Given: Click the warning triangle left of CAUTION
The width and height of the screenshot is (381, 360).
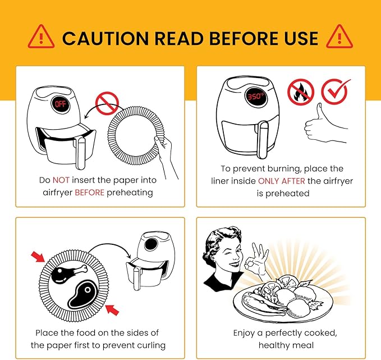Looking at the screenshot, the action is tap(41, 37).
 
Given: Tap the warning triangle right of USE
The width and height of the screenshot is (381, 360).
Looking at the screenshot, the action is tap(339, 37).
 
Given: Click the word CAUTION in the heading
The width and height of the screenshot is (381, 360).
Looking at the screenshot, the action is tap(105, 38).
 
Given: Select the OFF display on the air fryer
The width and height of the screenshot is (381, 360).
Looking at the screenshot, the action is tap(60, 104).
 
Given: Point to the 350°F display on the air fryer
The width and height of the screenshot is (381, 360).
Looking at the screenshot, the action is tap(256, 97).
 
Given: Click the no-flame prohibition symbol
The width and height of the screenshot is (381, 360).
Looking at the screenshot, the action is tap(301, 92).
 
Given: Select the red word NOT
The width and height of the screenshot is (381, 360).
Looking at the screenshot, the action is tap(61, 180).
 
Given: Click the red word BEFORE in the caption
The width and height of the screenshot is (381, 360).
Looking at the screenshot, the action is tap(89, 193).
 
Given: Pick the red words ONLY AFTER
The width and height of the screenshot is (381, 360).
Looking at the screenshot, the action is tap(281, 181).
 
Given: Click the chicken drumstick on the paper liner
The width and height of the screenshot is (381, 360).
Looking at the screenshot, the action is tap(69, 274).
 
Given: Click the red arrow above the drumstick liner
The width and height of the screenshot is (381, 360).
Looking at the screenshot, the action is tap(38, 257).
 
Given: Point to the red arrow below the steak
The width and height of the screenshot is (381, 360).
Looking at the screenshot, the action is tap(112, 309).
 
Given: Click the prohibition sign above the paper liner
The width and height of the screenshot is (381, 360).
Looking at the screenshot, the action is tap(107, 103).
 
